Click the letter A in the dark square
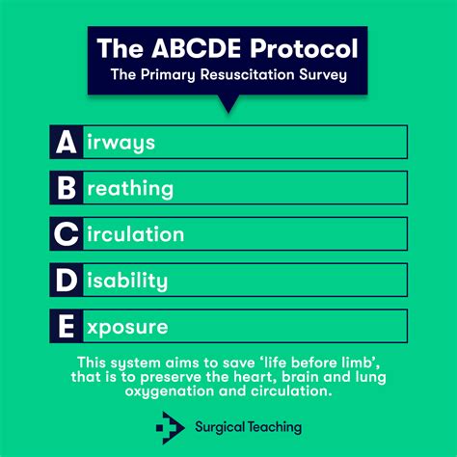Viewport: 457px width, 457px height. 65,142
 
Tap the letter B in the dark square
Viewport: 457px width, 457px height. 65,188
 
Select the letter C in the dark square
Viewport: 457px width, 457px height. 65,234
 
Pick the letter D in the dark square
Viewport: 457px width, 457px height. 65,281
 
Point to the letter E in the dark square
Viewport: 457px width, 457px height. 65,327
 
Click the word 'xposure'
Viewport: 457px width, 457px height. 125,328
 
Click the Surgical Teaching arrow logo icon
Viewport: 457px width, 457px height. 171,424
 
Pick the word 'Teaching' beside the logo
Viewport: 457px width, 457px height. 280,424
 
